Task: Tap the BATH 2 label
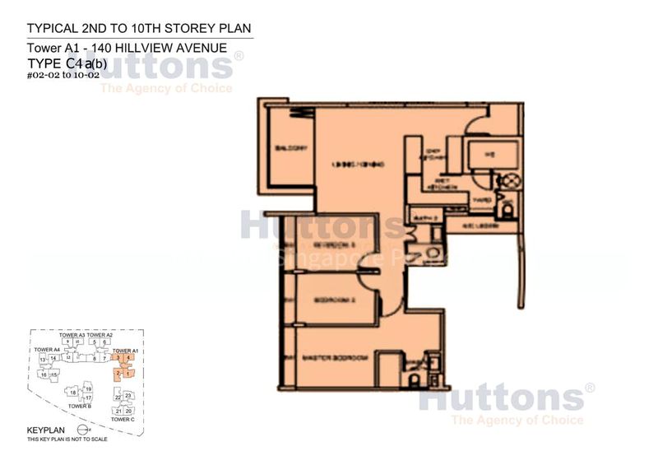tap(424, 217)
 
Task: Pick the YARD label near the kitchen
tap(483, 198)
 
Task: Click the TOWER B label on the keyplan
tap(79, 407)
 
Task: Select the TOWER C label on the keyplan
tap(122, 420)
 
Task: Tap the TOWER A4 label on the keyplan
tap(47, 350)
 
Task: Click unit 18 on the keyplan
tap(72, 393)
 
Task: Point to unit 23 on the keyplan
tap(128, 396)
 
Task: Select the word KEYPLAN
tap(44, 430)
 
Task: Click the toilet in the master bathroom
tap(414, 379)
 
